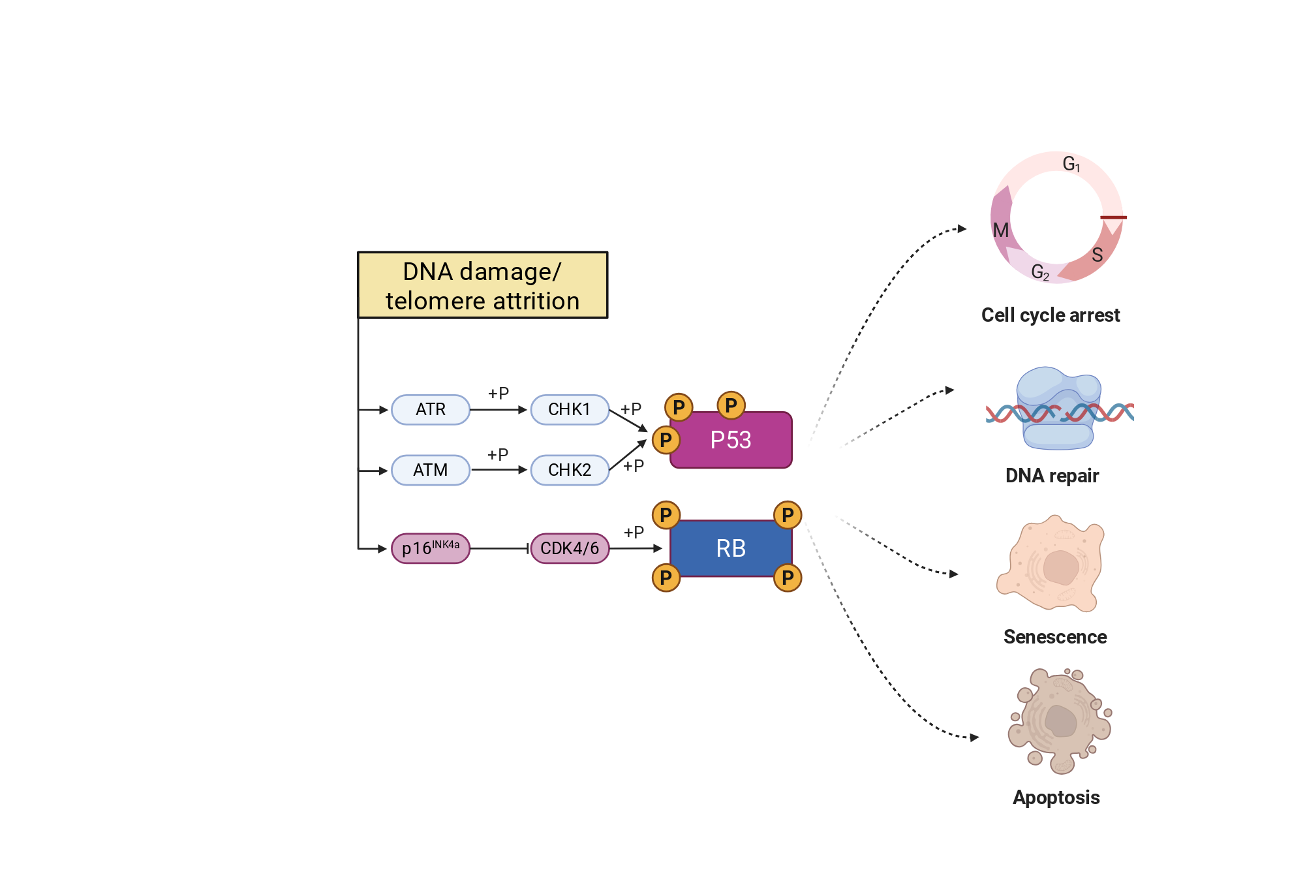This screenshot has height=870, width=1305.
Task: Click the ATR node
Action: pos(431,409)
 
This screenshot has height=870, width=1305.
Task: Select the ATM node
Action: pos(431,470)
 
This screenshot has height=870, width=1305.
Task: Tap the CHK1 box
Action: pos(570,409)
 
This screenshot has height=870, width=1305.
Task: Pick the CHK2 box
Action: pos(570,470)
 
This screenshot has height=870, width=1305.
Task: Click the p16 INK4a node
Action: pos(431,548)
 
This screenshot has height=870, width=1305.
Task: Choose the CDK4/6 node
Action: pos(570,548)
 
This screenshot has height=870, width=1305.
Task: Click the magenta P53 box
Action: pos(731,440)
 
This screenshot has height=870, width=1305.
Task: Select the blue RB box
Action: pos(731,548)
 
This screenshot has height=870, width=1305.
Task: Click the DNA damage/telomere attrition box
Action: pos(483,285)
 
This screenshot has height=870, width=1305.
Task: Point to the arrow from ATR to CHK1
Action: pos(499,410)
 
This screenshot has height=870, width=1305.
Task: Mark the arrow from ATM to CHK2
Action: pos(499,470)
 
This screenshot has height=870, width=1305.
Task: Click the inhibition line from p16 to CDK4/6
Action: pos(500,548)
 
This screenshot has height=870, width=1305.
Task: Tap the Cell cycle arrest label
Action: pos(1051,315)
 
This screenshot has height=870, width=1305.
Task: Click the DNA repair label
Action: pos(1052,476)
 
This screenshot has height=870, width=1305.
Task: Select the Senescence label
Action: pos(1055,636)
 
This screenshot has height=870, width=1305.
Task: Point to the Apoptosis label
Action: pos(1056,798)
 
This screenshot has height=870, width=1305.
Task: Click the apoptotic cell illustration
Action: pos(1060,721)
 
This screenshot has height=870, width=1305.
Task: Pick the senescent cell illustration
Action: pos(1051,563)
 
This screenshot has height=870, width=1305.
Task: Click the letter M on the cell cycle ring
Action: pos(1001,230)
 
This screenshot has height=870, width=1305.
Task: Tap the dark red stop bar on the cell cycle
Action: pos(1113,217)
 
